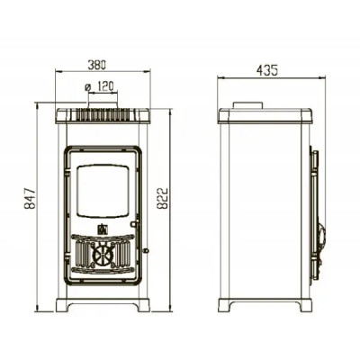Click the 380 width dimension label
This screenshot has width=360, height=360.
tap(96, 65)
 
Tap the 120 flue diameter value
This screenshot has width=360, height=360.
tap(105, 87)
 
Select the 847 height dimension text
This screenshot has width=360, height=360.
tap(31, 199)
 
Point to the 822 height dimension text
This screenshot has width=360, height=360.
tap(163, 198)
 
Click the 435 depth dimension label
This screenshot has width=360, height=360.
tap(267, 70)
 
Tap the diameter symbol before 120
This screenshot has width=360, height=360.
tap(88, 87)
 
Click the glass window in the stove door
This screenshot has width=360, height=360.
tap(103, 191)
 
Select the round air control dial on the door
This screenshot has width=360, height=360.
tap(103, 256)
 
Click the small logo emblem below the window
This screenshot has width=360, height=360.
tap(103, 229)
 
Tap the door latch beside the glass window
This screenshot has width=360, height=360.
tap(134, 224)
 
